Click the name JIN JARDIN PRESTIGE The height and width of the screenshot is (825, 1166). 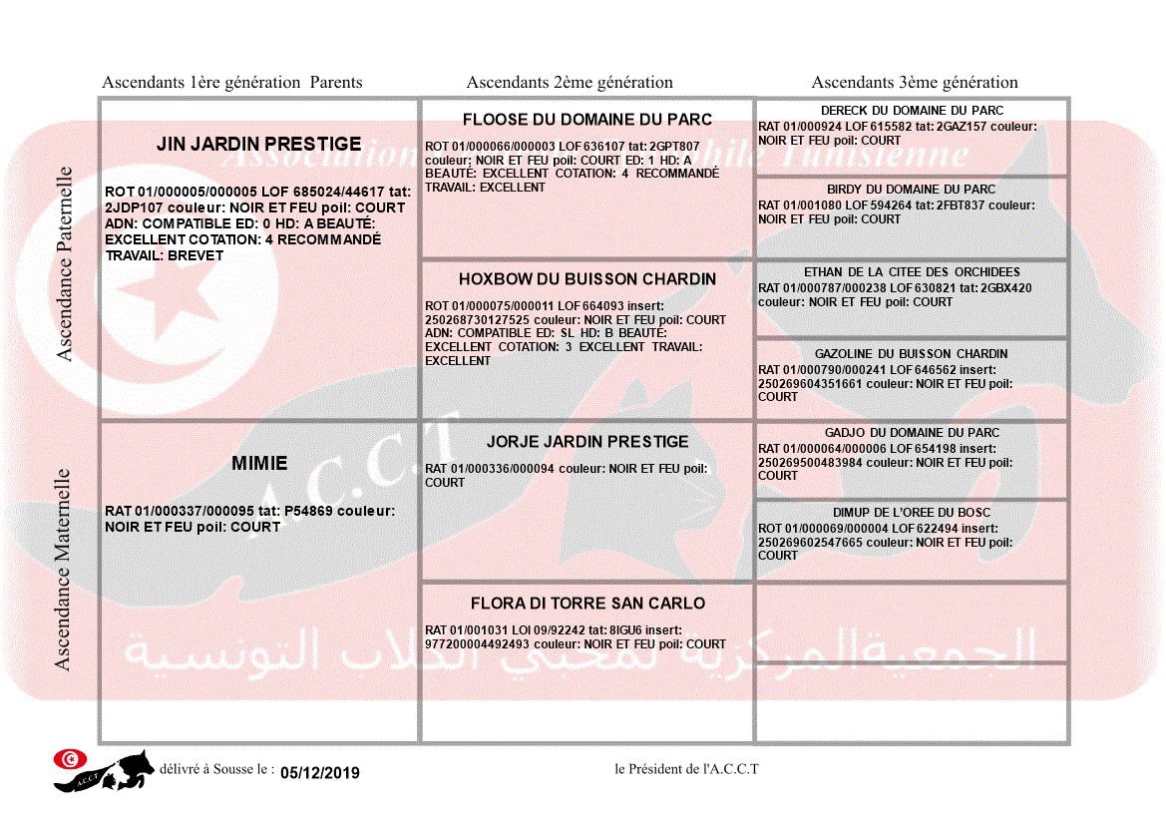tap(258, 145)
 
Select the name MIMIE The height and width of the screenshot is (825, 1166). tap(259, 463)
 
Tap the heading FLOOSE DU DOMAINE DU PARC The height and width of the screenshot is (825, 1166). tap(586, 120)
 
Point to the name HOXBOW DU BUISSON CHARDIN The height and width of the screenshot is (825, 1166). tap(586, 279)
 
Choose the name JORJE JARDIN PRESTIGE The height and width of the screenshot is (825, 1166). tap(586, 442)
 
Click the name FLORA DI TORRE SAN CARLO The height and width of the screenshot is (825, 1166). tap(586, 604)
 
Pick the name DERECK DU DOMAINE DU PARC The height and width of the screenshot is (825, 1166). tap(912, 111)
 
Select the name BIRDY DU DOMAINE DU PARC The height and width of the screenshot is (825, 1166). tap(912, 190)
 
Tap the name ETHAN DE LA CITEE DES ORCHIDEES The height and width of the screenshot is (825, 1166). tap(912, 272)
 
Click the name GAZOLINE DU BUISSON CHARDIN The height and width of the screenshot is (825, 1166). tap(912, 354)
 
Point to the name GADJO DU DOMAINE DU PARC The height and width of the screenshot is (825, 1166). tap(912, 433)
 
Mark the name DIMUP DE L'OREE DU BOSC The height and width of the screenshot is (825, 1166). tap(912, 513)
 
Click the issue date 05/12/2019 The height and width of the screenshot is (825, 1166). tap(320, 773)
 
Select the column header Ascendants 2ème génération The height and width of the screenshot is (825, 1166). tap(570, 83)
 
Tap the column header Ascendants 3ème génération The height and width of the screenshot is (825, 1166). tap(915, 83)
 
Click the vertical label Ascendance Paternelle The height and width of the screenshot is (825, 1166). tap(65, 264)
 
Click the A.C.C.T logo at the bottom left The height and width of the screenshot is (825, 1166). tap(104, 770)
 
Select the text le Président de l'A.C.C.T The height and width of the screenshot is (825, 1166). tap(686, 769)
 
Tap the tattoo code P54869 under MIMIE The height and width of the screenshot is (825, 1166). tap(309, 512)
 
